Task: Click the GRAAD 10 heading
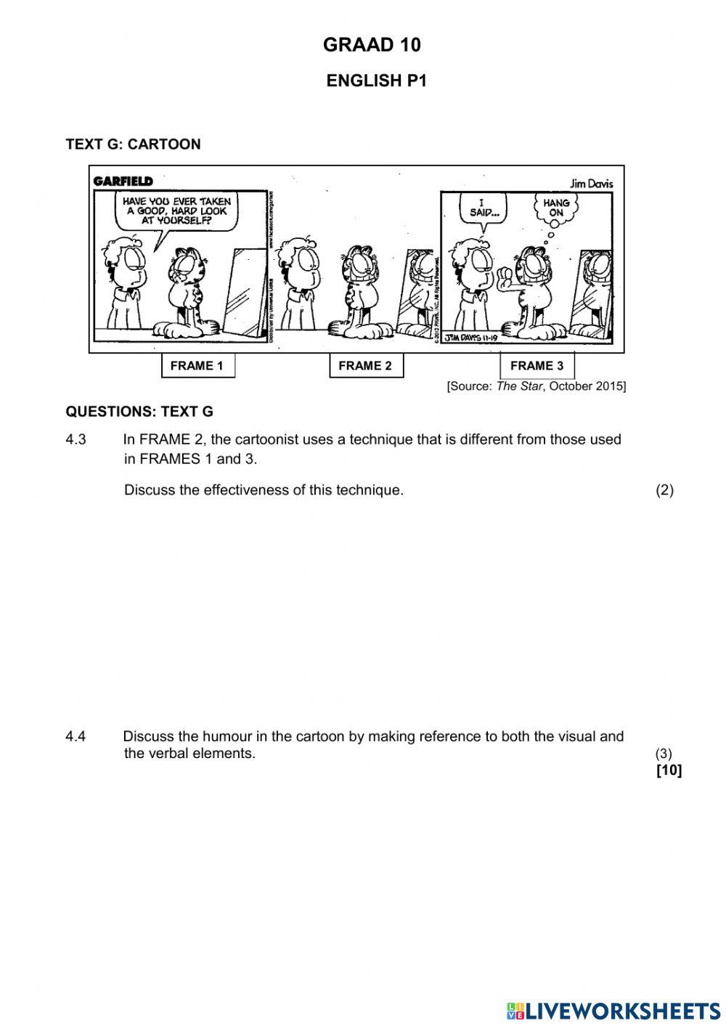point(372,45)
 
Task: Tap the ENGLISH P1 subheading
point(376,81)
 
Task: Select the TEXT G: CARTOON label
point(133,144)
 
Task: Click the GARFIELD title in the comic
point(123,181)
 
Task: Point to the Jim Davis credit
point(592,184)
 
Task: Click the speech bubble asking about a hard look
point(176,211)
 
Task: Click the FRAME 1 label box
point(197,365)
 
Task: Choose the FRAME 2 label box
point(365,365)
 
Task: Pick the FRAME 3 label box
point(537,365)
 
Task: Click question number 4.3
point(76,439)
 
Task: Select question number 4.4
point(76,736)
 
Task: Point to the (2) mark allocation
point(664,489)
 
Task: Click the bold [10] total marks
point(669,770)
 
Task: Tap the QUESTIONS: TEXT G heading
point(139,412)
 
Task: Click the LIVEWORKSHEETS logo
point(613,1010)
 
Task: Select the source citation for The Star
point(536,386)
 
